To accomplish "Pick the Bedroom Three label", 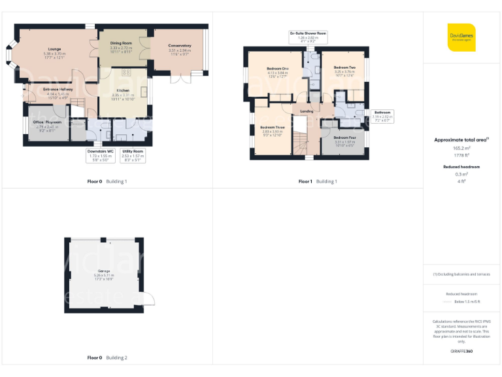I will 272,129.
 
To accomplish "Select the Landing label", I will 306,111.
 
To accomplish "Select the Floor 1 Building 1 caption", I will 318,181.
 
